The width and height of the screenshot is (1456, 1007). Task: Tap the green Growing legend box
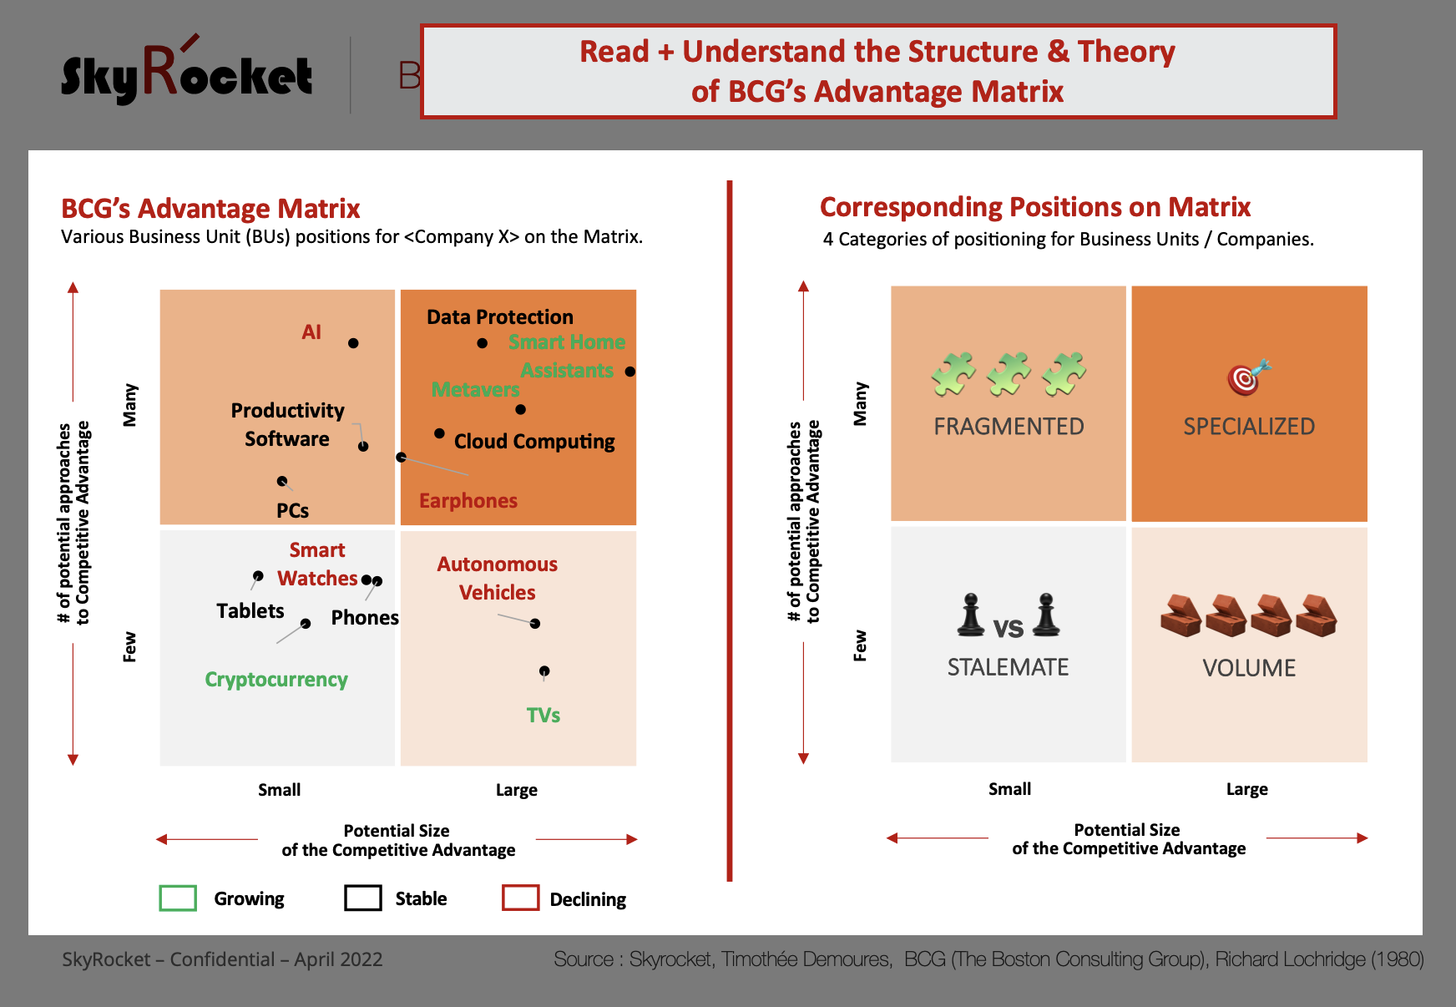pyautogui.click(x=178, y=898)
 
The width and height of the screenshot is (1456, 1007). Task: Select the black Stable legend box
pyautogui.click(x=363, y=898)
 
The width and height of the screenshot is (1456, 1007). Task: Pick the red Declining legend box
pyautogui.click(x=521, y=898)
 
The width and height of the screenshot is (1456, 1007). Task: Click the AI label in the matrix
pyautogui.click(x=311, y=332)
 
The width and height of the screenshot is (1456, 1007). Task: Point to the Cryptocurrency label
pyautogui.click(x=276, y=680)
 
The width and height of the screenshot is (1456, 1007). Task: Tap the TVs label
pyautogui.click(x=543, y=716)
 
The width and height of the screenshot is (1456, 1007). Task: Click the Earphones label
pyautogui.click(x=468, y=501)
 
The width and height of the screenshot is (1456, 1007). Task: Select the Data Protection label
pyautogui.click(x=500, y=317)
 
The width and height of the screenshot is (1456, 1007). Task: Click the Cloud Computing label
pyautogui.click(x=534, y=442)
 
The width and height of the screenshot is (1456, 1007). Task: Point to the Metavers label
pyautogui.click(x=475, y=390)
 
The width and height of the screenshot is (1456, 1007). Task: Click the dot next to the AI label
pyautogui.click(x=353, y=343)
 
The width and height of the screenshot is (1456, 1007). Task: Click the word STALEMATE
pyautogui.click(x=1008, y=667)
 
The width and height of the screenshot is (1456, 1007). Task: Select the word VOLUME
pyautogui.click(x=1249, y=668)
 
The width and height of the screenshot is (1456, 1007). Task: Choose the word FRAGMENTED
pyautogui.click(x=1009, y=427)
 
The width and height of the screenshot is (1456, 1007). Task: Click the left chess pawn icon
pyautogui.click(x=970, y=615)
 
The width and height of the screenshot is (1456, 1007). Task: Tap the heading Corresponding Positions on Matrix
pyautogui.click(x=1035, y=207)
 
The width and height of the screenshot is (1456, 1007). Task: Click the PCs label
pyautogui.click(x=293, y=511)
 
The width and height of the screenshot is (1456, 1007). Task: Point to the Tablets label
pyautogui.click(x=250, y=611)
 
